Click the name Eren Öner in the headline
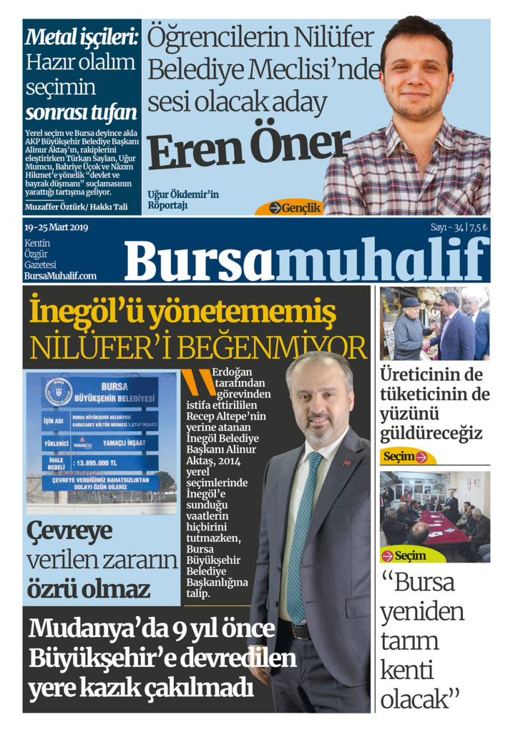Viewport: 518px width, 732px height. (x=249, y=148)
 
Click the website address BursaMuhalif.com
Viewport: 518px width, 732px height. (x=60, y=275)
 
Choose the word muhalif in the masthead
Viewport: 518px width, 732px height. (x=382, y=261)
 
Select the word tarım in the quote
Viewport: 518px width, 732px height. (x=409, y=641)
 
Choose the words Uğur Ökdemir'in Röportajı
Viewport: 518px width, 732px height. (x=183, y=200)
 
